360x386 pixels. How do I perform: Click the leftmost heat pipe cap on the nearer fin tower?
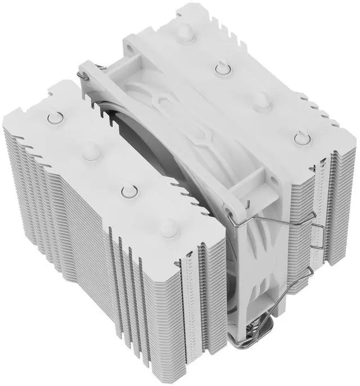(55, 117)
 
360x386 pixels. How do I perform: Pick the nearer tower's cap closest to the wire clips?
(167, 227)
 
